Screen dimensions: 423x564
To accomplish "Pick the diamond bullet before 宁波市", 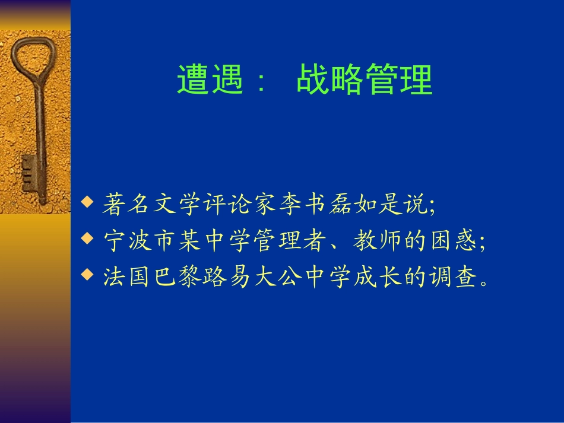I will pyautogui.click(x=88, y=239).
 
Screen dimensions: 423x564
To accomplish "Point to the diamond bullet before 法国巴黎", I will pyautogui.click(x=88, y=275).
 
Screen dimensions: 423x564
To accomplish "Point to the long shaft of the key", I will pyautogui.click(x=40, y=131).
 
